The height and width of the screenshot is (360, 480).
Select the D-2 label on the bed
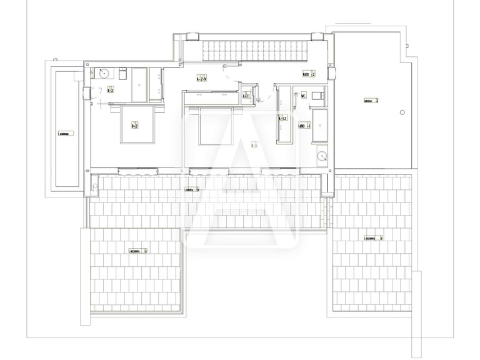(134, 126)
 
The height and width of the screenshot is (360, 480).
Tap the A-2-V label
(202, 80)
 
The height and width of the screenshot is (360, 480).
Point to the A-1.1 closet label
(246, 96)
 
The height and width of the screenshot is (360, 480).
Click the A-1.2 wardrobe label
(282, 117)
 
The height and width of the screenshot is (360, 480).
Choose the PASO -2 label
(309, 74)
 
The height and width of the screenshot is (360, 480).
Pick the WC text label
(303, 96)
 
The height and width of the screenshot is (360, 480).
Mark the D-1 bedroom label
(254, 146)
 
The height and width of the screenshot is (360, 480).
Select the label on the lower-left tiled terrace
(138, 251)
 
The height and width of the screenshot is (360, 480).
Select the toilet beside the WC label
(317, 95)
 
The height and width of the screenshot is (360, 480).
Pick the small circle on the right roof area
(402, 112)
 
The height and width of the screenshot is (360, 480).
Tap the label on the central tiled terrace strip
(192, 189)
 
